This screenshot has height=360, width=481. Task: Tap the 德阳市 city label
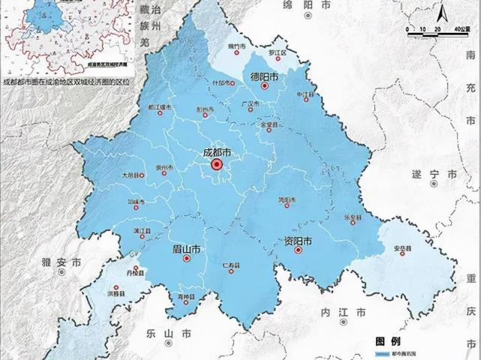point(263,77)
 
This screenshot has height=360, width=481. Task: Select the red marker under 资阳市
point(298,251)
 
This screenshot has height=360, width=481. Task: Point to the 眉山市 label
point(186,249)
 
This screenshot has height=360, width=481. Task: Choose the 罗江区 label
point(279,53)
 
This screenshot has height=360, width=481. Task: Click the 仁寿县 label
point(230,265)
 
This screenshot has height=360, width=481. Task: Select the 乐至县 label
point(353,216)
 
